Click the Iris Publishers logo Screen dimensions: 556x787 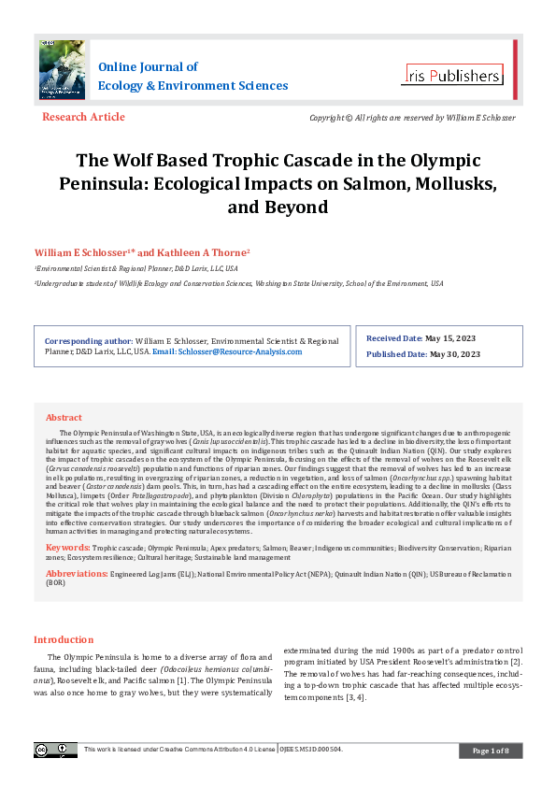coord(452,75)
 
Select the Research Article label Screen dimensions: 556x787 coord(83,117)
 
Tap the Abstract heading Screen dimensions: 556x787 coord(64,417)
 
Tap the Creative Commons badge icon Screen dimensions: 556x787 coord(56,750)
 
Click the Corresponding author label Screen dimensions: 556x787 coord(89,342)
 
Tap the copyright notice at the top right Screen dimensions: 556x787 coord(412,118)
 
